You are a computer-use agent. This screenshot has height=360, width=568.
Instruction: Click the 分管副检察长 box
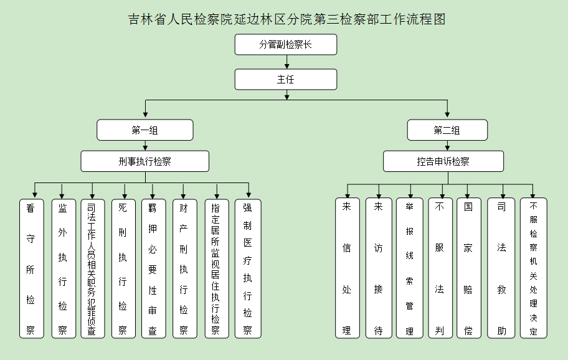(x=286, y=45)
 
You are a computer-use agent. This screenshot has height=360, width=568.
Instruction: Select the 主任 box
(x=286, y=79)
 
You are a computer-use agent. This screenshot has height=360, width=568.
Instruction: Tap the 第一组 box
(x=145, y=130)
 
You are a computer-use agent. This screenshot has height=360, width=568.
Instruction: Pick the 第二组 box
(x=447, y=130)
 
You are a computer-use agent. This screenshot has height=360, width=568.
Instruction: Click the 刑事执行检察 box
(x=145, y=161)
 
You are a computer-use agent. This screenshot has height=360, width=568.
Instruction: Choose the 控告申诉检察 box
(x=443, y=161)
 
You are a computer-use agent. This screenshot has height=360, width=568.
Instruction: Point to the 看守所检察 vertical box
(x=32, y=268)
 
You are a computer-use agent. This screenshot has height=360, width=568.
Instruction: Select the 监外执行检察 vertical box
(x=64, y=268)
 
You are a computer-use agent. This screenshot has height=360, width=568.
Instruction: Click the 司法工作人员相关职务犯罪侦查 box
(x=93, y=268)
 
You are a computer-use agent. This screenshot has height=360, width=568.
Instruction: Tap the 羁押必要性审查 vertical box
(x=154, y=268)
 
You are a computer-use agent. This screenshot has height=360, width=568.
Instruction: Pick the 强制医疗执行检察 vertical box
(x=248, y=268)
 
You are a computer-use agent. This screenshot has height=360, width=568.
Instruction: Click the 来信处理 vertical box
(x=348, y=268)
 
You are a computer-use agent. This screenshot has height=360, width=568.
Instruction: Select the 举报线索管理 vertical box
(x=410, y=268)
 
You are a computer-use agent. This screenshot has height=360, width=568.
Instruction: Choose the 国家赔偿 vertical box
(x=468, y=268)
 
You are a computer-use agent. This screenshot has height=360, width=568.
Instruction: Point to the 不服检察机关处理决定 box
(x=534, y=268)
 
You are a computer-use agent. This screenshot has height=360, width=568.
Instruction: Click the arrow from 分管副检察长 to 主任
(x=287, y=62)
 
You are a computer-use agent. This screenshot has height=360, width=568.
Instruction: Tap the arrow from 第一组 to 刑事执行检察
(x=145, y=146)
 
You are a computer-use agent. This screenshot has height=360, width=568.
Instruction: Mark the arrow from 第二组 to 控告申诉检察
(x=447, y=146)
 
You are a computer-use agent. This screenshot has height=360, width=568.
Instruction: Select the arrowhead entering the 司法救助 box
(x=503, y=195)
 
